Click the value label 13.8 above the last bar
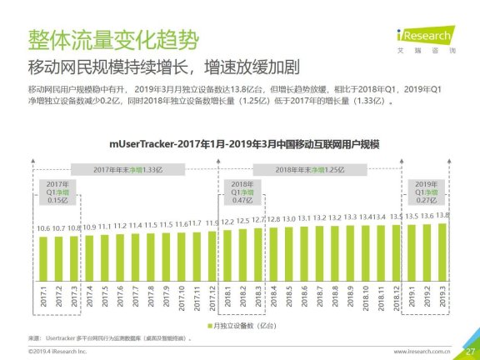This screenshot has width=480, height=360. coord(442,216)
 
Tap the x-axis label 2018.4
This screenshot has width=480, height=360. coord(272,297)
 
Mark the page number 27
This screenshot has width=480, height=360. coord(469,351)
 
